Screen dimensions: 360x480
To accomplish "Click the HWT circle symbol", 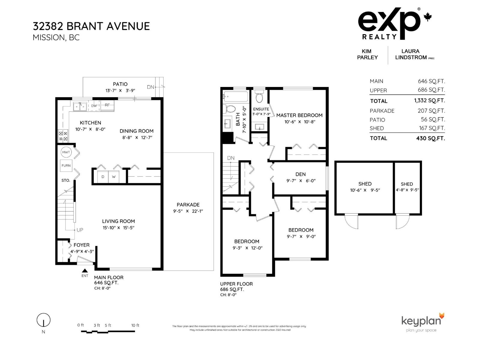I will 66,152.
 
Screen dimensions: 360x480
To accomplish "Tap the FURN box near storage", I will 66,165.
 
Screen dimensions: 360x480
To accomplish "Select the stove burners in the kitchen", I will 63,136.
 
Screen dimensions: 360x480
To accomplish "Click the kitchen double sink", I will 80,106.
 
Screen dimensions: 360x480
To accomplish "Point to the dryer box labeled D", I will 103,176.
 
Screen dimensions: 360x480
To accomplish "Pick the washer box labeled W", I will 114,176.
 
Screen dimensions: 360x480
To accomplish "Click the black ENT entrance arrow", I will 85,271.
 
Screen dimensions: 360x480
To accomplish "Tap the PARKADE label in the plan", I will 188,205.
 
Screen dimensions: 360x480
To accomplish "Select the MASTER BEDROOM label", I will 299,115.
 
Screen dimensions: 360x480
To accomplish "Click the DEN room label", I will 300,174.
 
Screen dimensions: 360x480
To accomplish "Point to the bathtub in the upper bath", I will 235,97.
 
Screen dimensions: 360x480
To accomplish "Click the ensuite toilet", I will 259,97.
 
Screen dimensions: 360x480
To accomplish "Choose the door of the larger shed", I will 351,222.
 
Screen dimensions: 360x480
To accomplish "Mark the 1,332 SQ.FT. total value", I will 429,101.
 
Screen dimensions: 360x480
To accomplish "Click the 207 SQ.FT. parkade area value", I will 431,111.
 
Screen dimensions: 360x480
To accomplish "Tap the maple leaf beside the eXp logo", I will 427,17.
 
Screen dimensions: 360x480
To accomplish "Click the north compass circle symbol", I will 43,320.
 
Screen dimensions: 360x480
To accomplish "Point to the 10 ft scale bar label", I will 135,325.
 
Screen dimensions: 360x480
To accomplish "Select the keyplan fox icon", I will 441,316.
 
